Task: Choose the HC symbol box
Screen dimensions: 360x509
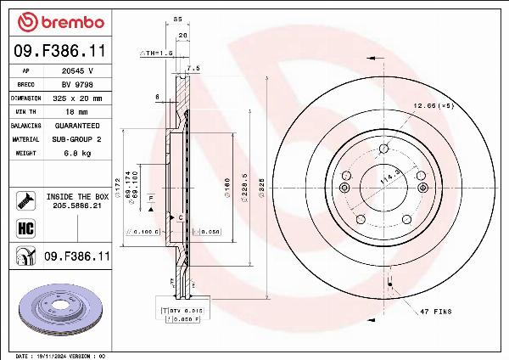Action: point(25,228)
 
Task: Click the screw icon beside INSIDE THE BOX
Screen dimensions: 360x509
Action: point(25,201)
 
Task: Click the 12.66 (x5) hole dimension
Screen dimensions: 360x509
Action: point(433,106)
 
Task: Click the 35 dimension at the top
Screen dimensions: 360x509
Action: point(177,18)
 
